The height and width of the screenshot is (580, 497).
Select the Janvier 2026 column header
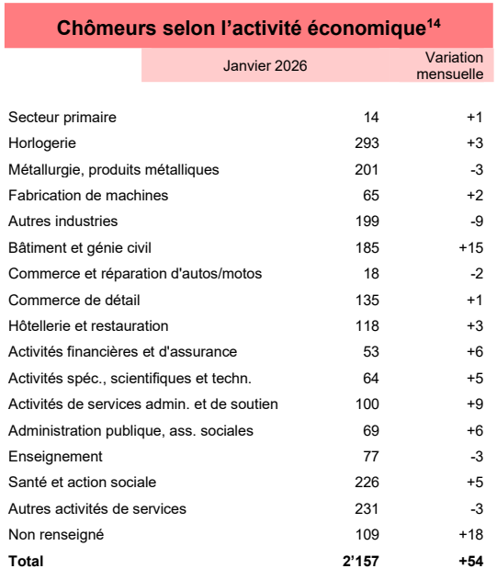[x=265, y=65]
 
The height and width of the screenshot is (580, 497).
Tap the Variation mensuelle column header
[x=449, y=65]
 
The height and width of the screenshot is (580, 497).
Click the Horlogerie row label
[x=41, y=142]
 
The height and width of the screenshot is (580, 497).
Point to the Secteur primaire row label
[x=62, y=117]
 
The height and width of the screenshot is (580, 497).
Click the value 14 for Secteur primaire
[x=371, y=117]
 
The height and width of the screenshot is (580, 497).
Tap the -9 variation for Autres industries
[x=475, y=221]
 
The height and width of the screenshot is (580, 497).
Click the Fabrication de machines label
[x=88, y=195]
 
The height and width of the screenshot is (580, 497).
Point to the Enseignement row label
[x=55, y=456]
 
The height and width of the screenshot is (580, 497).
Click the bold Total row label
[x=26, y=560]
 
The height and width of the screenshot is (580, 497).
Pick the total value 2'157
[x=360, y=560]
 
